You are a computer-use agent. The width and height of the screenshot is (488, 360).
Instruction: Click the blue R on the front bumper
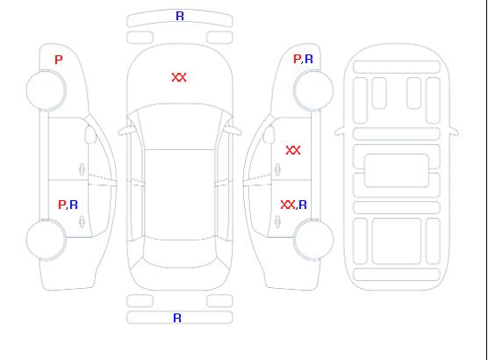pyautogui.click(x=180, y=16)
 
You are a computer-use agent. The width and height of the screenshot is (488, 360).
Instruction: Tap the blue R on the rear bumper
pyautogui.click(x=177, y=318)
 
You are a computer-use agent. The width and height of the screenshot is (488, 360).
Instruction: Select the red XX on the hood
pyautogui.click(x=179, y=77)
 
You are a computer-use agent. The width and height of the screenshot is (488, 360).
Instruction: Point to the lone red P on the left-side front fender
pyautogui.click(x=59, y=60)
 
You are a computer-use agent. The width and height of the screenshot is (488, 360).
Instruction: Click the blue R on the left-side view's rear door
pyautogui.click(x=74, y=205)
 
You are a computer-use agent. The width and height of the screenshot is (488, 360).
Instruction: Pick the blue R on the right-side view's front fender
pyautogui.click(x=309, y=59)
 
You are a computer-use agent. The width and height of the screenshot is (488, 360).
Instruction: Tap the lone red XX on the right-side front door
pyautogui.click(x=293, y=150)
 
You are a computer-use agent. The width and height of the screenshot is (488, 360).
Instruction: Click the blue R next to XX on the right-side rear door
pyautogui.click(x=303, y=205)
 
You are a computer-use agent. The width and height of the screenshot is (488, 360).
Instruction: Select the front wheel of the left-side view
pyautogui.click(x=46, y=90)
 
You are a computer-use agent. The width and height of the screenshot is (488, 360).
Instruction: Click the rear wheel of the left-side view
pyautogui.click(x=46, y=240)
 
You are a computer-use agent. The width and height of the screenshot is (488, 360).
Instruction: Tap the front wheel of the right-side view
pyautogui.click(x=313, y=90)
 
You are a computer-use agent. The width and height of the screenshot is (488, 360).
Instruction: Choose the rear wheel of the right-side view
pyautogui.click(x=313, y=239)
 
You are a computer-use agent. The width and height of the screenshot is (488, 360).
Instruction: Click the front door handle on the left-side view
pyautogui.click(x=82, y=169)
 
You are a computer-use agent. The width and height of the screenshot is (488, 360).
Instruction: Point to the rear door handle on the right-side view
pyautogui.click(x=277, y=222)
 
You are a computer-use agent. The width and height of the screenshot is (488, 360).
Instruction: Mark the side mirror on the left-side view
pyautogui.click(x=90, y=134)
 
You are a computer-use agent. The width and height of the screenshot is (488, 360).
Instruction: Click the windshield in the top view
pyautogui.click(x=180, y=126)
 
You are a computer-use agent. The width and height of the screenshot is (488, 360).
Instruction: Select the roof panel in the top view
pyautogui.click(x=180, y=195)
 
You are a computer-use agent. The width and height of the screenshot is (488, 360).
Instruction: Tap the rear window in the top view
pyautogui.click(x=180, y=253)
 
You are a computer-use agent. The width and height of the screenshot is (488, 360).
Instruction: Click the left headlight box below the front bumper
pyautogui.click(x=140, y=38)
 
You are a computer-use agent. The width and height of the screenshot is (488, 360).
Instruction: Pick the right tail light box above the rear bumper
pyautogui.click(x=219, y=301)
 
